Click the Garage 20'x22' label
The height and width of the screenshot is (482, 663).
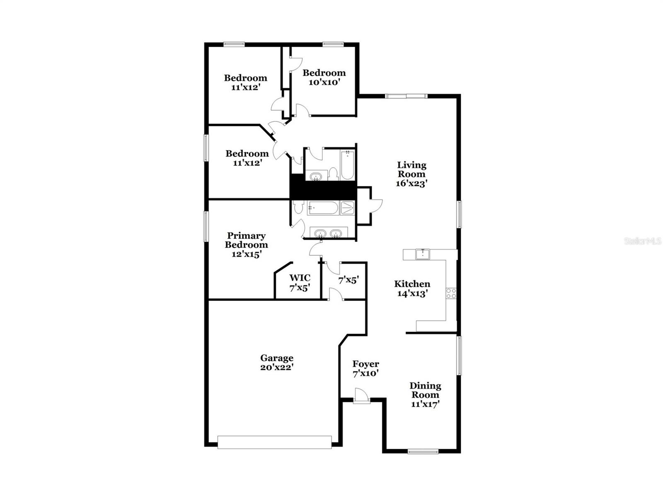coord(277,362)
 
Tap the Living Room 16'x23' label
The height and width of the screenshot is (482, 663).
coord(411,174)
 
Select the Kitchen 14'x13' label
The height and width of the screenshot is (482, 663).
coord(412,288)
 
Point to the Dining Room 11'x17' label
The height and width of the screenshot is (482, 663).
coord(425,395)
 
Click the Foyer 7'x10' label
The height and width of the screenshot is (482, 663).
coord(365,368)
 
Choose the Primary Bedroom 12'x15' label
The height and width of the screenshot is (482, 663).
coord(246,245)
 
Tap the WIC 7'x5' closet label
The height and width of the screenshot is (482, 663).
coord(300,282)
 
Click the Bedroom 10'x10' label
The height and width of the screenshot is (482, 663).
coord(324,77)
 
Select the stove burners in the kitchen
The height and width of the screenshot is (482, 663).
coord(451,293)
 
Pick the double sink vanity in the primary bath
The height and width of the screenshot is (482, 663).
coord(328,234)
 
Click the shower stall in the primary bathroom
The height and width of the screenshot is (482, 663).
coord(348,208)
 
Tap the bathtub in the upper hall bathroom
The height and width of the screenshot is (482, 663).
coord(347,165)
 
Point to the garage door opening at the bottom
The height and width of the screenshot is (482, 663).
coord(274,442)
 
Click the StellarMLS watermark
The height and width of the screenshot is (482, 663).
coord(642,241)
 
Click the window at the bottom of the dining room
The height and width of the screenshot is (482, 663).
coord(423,452)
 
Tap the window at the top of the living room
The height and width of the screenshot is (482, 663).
coord(406,96)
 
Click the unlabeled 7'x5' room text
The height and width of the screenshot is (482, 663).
coord(348,280)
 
